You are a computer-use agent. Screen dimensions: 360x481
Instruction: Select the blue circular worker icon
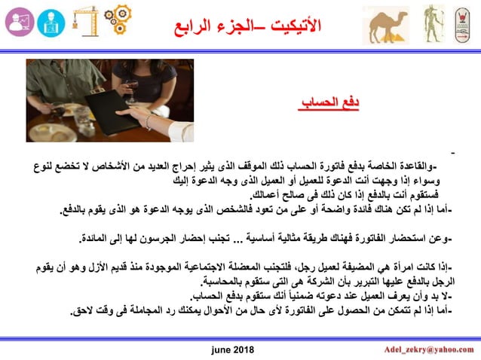(x=51, y=23)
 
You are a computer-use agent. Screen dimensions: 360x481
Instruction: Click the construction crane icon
(x=84, y=23)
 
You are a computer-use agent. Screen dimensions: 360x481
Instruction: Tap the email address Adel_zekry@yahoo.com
(x=430, y=349)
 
